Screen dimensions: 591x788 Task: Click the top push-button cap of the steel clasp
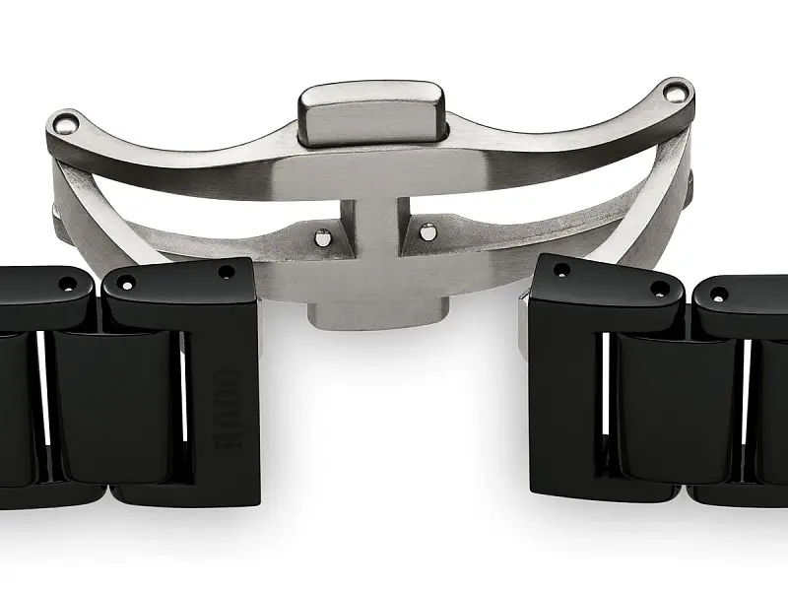coord(371,112)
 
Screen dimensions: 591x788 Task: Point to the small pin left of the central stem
coord(320,235)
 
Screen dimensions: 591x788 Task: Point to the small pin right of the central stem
coord(427,232)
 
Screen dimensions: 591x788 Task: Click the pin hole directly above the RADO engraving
coord(226,272)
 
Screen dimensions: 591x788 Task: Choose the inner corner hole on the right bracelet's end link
coord(562,270)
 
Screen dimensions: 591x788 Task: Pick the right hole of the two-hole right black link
coord(657,289)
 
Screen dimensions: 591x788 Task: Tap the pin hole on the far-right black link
coord(719,294)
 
